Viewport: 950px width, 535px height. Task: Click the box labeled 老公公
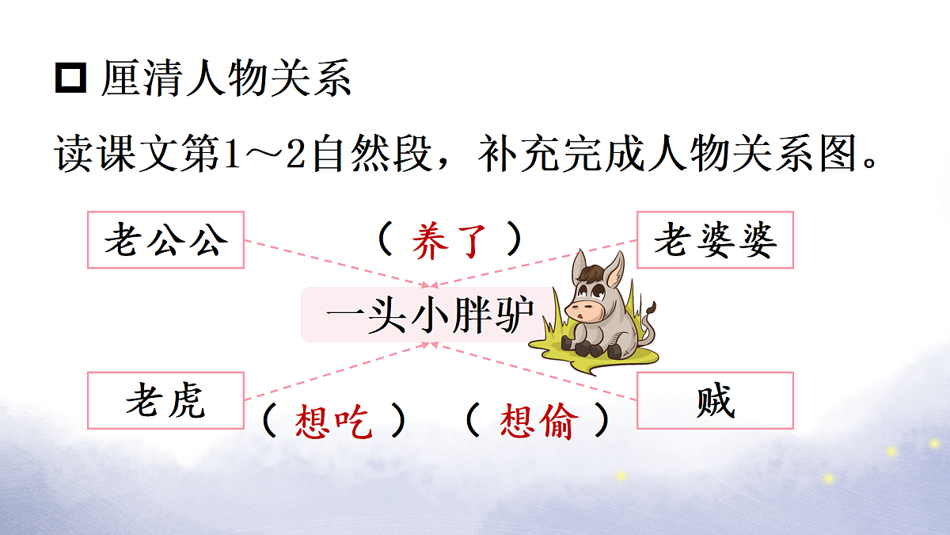(165, 239)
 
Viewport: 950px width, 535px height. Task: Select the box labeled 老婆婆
(715, 239)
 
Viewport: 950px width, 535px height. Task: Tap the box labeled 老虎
(165, 400)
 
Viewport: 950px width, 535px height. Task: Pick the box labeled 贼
(715, 400)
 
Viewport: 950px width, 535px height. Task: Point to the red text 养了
(449, 240)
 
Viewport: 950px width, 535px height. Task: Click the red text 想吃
(333, 422)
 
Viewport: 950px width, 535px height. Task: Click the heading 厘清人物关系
(226, 80)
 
